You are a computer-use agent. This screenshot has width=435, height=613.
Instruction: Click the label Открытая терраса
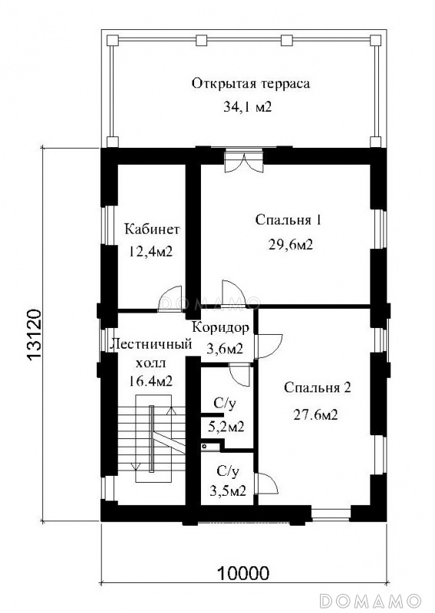pos(251,84)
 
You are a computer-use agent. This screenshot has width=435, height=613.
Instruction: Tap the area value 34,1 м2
pos(248,107)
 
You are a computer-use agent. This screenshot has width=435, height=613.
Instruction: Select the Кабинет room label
pos(152,228)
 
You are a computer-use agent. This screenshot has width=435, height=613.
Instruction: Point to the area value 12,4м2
pos(150,251)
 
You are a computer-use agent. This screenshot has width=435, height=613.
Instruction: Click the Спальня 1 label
pos(288,220)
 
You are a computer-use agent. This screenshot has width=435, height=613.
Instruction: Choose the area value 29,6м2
pos(290,245)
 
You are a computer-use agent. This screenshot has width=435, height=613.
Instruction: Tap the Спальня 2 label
pos(318,388)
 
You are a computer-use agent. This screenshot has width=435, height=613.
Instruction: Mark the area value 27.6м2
pos(315,415)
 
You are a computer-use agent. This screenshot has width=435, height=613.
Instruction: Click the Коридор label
pos(221,327)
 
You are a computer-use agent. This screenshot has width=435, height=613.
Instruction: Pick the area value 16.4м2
pos(150,380)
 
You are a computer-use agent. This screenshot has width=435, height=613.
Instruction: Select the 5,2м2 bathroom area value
pos(225,426)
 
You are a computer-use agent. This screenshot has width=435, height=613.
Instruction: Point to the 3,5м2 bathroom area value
pos(228,490)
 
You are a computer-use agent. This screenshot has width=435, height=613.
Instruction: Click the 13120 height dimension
pos(35,335)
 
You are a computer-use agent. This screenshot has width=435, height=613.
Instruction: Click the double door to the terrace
pos(243,162)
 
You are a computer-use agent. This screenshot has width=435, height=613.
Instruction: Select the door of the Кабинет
pos(170,299)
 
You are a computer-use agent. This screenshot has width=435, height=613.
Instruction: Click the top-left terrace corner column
pos(112,40)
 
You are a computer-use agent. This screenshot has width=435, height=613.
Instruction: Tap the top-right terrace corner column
pos(375,40)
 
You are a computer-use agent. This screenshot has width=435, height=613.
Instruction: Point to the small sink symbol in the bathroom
pos(205,446)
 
